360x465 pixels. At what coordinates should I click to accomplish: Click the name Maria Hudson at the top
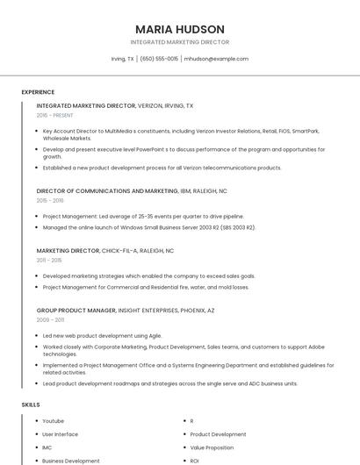180,29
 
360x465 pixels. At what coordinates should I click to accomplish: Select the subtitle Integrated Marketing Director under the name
180,42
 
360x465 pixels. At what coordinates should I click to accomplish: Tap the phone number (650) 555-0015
159,59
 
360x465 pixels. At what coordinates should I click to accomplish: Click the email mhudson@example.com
216,59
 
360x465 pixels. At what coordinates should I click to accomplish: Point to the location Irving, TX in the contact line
123,59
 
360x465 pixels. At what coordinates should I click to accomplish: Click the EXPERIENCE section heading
38,92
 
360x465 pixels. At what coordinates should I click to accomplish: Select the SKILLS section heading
30,404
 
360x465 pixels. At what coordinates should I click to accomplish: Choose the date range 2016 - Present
54,115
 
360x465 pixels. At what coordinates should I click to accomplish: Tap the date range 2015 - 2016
50,200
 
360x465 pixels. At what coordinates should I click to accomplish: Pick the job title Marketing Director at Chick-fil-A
69,250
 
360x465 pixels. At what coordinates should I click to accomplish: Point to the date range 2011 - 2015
49,261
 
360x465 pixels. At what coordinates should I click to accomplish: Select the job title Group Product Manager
76,310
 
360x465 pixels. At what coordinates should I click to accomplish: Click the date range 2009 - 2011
50,320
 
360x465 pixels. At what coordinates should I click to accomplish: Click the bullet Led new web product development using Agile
90,336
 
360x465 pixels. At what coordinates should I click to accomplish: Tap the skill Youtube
53,421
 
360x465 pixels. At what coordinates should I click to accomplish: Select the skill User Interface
60,434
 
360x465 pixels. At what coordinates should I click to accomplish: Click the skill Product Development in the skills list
218,434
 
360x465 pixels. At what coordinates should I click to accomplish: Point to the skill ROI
195,461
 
